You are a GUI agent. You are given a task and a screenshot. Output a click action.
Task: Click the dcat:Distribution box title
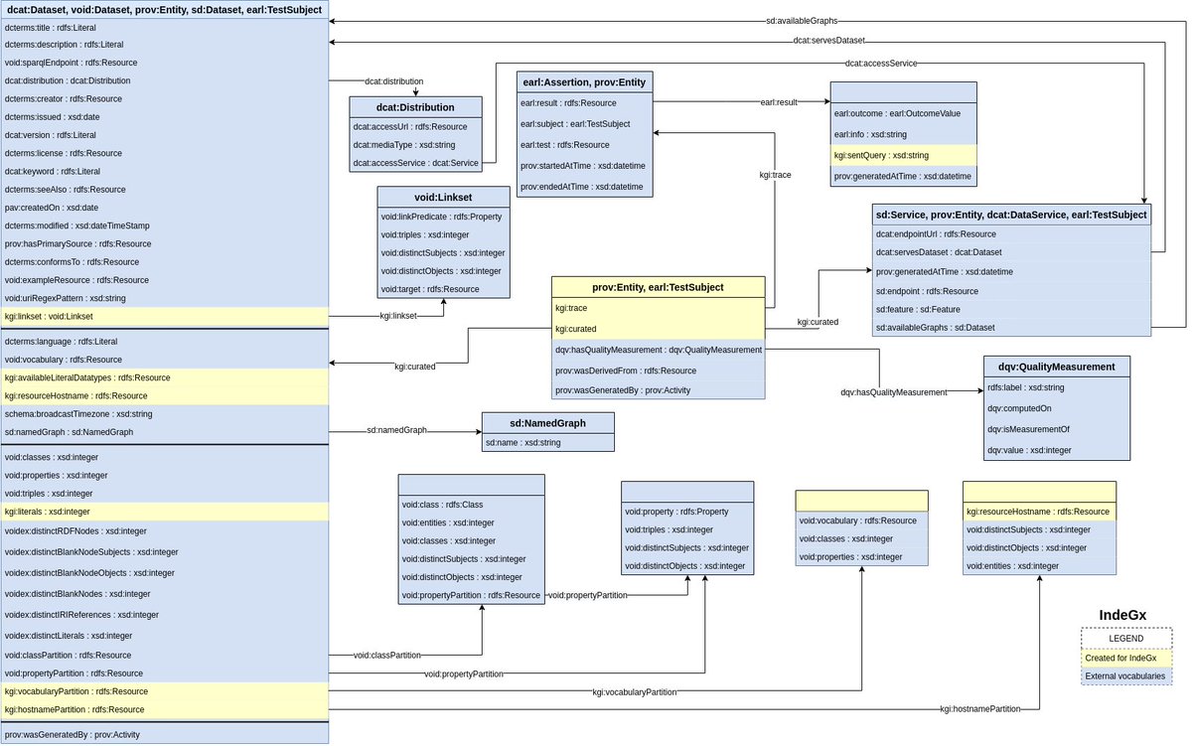(415, 107)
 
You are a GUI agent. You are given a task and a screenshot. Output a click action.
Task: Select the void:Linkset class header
(443, 197)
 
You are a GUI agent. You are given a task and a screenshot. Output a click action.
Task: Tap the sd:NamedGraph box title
(547, 422)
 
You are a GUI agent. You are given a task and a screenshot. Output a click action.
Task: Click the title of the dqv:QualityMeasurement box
(1057, 367)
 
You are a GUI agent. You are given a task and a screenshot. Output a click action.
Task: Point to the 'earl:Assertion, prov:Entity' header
(585, 81)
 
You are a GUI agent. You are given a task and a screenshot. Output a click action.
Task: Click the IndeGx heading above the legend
(1122, 615)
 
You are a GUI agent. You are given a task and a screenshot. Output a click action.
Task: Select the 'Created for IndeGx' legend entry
(1126, 657)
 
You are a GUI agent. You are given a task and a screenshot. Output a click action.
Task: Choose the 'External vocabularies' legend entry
(1126, 675)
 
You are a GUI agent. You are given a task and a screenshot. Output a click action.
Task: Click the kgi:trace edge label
(774, 175)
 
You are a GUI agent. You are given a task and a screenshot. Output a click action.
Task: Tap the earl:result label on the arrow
(779, 102)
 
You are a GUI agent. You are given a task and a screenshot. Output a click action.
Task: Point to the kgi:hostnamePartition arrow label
(979, 709)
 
